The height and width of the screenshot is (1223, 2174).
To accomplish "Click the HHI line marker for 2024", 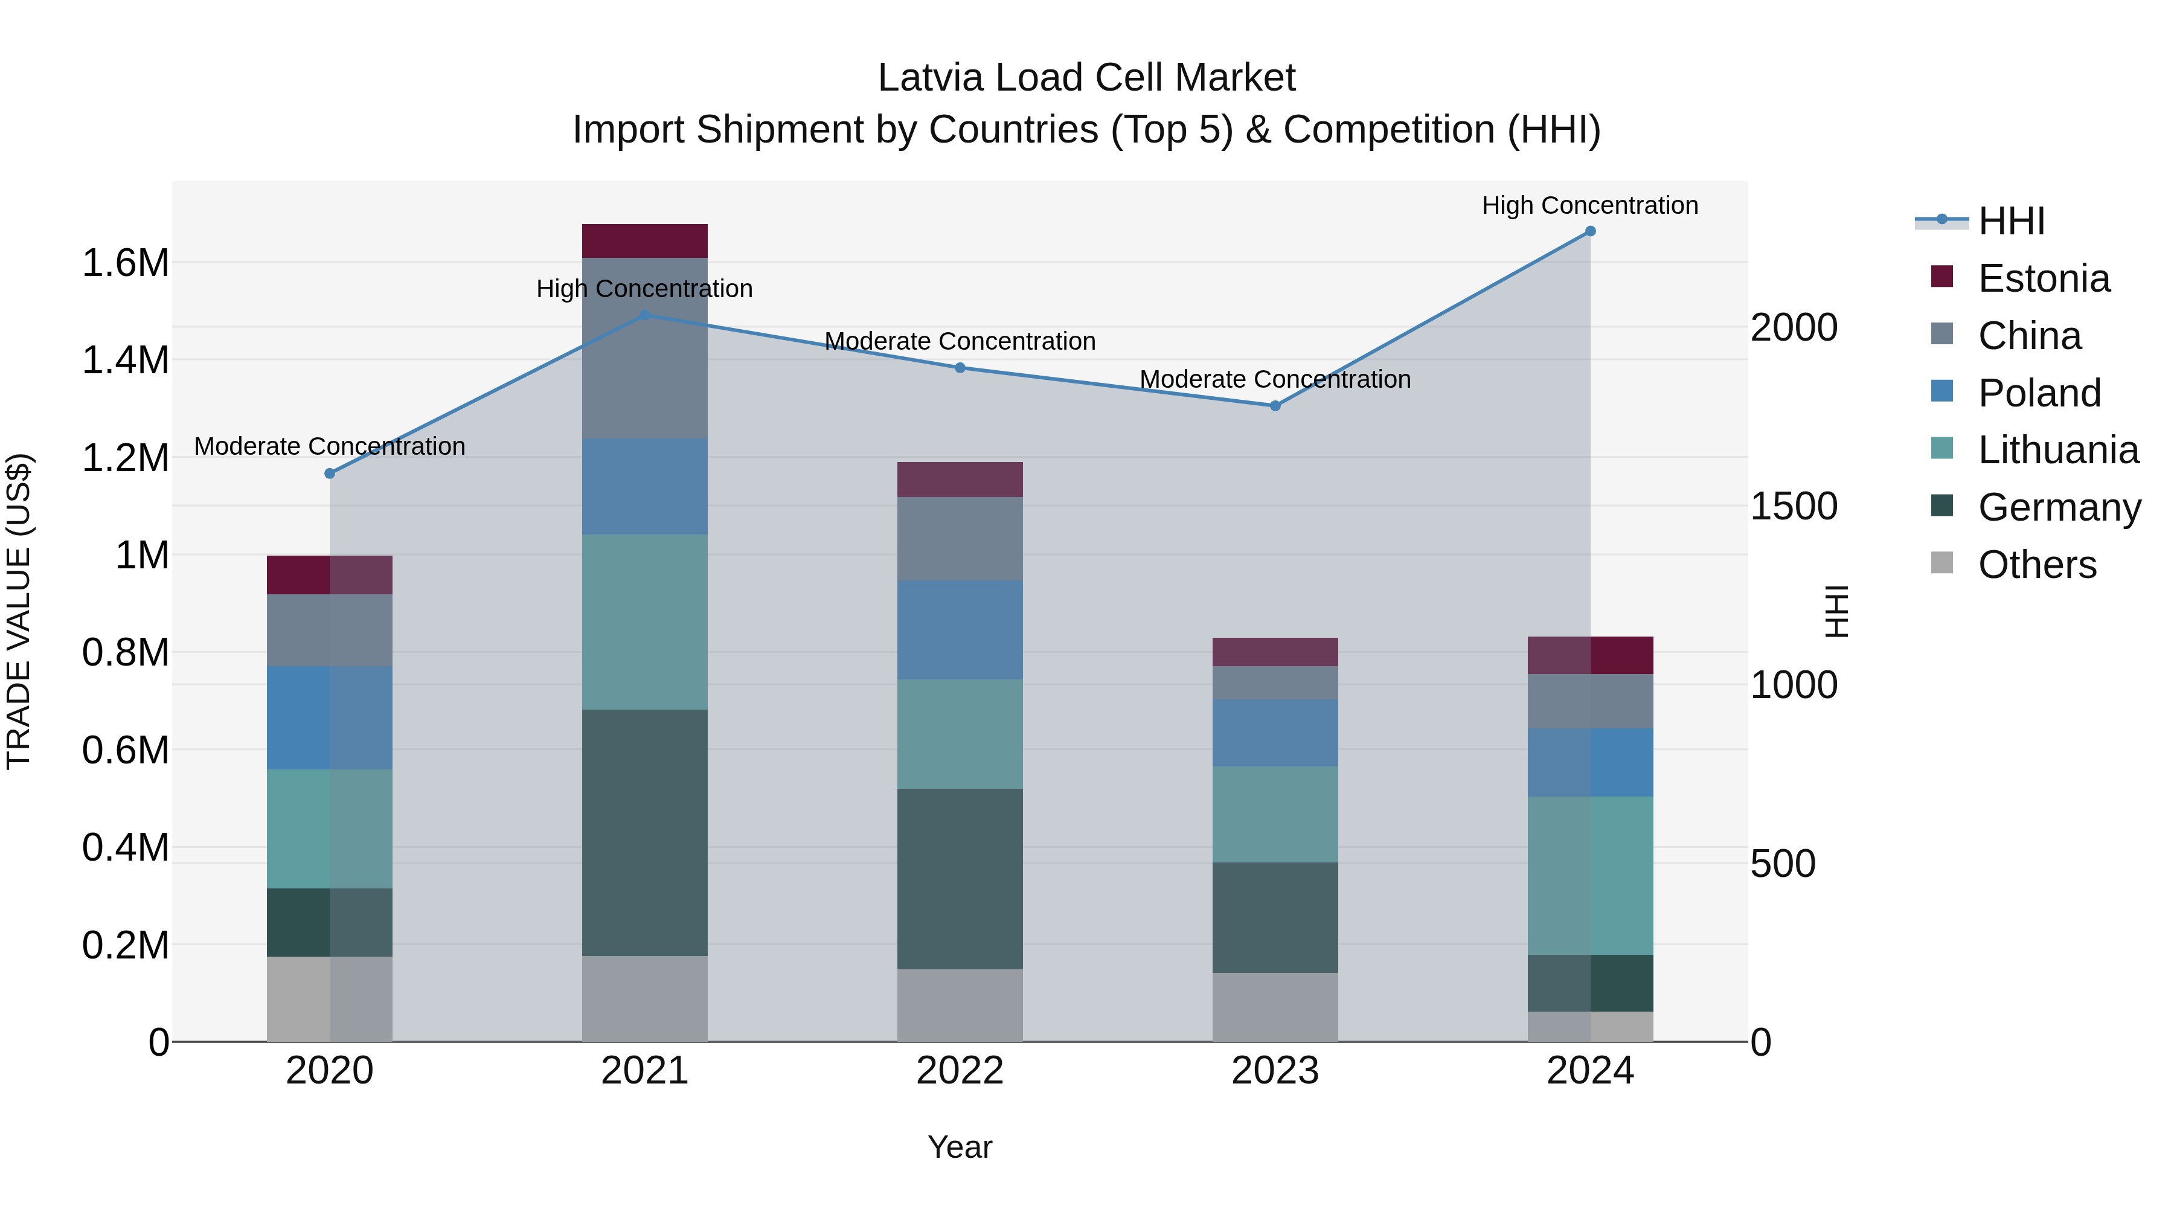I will point(1590,231).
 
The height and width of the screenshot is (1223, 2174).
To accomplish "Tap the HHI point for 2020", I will point(330,473).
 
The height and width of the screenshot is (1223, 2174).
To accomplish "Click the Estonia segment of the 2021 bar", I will point(645,242).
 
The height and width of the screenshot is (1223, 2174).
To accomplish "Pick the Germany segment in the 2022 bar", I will point(960,879).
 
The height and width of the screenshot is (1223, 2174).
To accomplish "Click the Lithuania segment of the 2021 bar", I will point(645,622).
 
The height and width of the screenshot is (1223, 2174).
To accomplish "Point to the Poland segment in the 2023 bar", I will point(1275,733).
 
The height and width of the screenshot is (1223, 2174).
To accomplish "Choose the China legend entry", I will point(2029,336).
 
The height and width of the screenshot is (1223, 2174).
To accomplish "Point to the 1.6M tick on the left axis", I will point(125,263).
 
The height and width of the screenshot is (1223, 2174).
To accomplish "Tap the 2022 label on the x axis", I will point(960,1071).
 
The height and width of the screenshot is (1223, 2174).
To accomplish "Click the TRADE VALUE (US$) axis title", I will point(19,611).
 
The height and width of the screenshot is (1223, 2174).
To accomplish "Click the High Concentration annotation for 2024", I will point(1590,205).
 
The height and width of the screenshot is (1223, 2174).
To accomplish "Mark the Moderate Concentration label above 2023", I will point(1275,379).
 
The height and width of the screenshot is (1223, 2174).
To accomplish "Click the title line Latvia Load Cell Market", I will point(1086,78).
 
